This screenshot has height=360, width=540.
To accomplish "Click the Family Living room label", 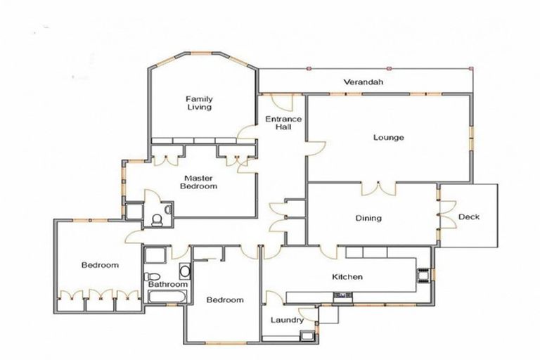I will tap(199, 103).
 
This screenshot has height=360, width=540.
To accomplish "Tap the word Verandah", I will tap(363, 82).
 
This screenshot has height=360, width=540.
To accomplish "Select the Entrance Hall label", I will tap(283, 123).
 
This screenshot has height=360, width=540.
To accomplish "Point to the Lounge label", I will tap(388, 137).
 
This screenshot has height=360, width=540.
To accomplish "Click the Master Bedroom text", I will tap(198, 182).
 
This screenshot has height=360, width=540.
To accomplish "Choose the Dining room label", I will tap(368, 218).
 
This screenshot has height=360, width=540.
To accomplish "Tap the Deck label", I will tap(468, 217).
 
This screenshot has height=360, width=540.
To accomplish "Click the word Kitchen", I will tap(347, 276).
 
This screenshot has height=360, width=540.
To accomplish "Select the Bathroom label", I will tap(168, 284).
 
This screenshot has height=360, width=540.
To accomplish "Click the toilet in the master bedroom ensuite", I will tap(156, 220).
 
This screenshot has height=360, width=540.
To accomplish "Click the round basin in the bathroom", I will tap(184, 271).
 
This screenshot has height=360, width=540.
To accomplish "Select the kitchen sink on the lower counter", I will tap(341, 295).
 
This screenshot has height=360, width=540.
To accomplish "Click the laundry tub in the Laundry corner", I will tap(307, 335).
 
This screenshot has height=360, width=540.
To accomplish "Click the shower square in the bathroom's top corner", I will tap(155, 255).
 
